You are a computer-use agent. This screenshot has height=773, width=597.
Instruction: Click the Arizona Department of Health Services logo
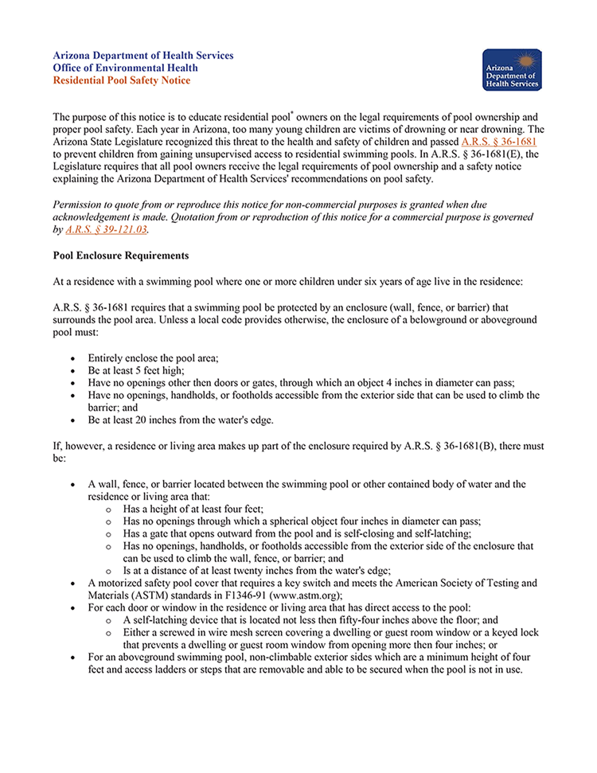coord(512,70)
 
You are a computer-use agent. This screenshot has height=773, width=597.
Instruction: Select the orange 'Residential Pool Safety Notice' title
coord(122,80)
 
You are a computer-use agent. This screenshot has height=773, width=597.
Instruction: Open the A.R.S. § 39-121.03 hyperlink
coord(107,230)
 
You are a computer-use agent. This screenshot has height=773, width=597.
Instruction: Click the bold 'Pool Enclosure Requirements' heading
coord(120,256)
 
